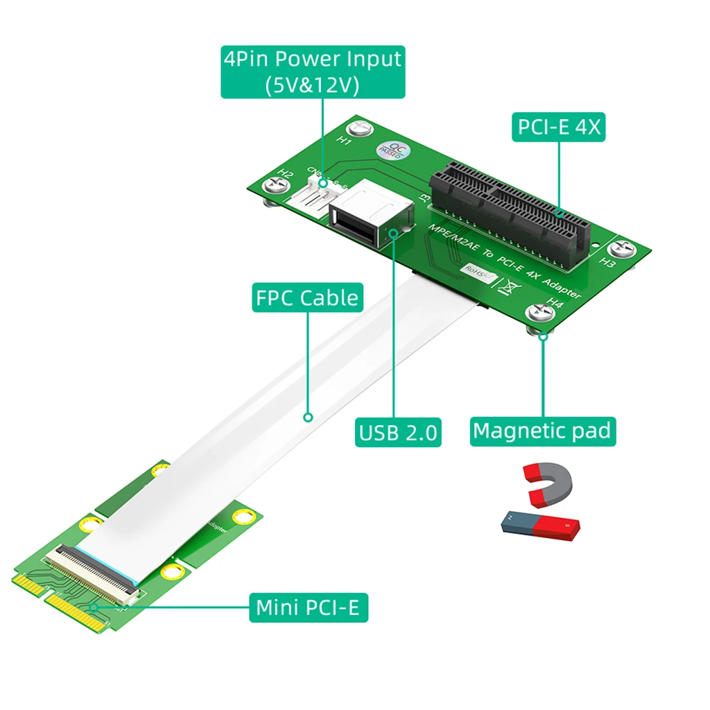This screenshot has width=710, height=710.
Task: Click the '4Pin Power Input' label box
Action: [x=312, y=72]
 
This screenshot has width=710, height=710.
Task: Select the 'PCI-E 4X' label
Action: [x=558, y=127]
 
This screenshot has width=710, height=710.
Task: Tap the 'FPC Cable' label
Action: [x=307, y=297]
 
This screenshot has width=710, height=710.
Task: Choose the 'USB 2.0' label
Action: [x=398, y=432]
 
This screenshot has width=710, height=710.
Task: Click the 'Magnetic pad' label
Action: [x=543, y=431]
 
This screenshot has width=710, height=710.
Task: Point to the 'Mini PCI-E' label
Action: [x=308, y=607]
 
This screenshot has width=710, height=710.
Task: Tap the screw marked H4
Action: [x=541, y=313]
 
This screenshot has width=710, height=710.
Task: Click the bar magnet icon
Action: [x=541, y=526]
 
